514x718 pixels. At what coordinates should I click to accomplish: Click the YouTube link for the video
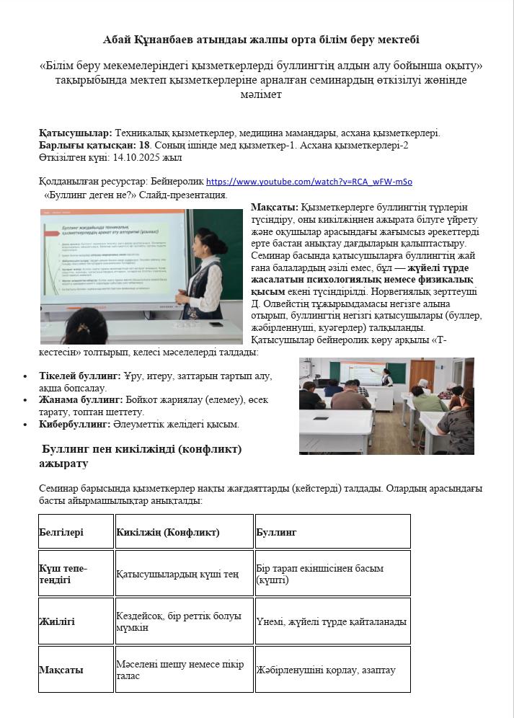(309, 182)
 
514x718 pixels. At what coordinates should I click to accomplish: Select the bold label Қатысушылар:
(76, 133)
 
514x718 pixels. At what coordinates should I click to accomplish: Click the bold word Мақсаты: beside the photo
(275, 208)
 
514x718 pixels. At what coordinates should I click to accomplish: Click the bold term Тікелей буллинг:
(80, 376)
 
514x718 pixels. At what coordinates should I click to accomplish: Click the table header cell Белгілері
(61, 532)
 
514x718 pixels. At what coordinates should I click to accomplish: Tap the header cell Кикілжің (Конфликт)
(168, 532)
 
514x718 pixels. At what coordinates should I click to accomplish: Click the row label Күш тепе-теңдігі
(63, 574)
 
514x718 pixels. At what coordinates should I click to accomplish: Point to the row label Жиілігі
(57, 621)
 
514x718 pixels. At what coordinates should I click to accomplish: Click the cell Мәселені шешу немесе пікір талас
(180, 670)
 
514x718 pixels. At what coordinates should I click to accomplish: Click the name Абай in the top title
(118, 40)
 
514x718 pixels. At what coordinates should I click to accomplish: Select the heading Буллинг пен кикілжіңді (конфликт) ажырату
(141, 456)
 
